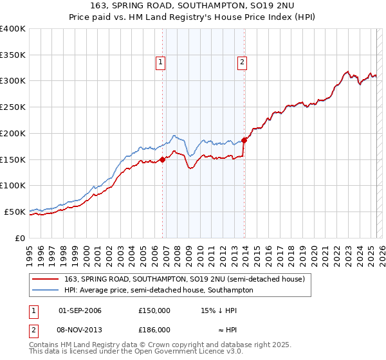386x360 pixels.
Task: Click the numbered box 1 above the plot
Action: [x=160, y=62]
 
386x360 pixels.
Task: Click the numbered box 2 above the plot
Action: [x=242, y=62]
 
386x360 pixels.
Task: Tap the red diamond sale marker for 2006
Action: [x=162, y=160]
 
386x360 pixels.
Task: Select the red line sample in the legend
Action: [x=46, y=278]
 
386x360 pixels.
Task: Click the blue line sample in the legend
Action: [x=46, y=290]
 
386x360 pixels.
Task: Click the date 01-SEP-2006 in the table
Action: [x=80, y=310]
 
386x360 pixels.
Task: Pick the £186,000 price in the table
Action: [x=154, y=330]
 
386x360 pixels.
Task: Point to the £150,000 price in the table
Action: [x=154, y=310]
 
